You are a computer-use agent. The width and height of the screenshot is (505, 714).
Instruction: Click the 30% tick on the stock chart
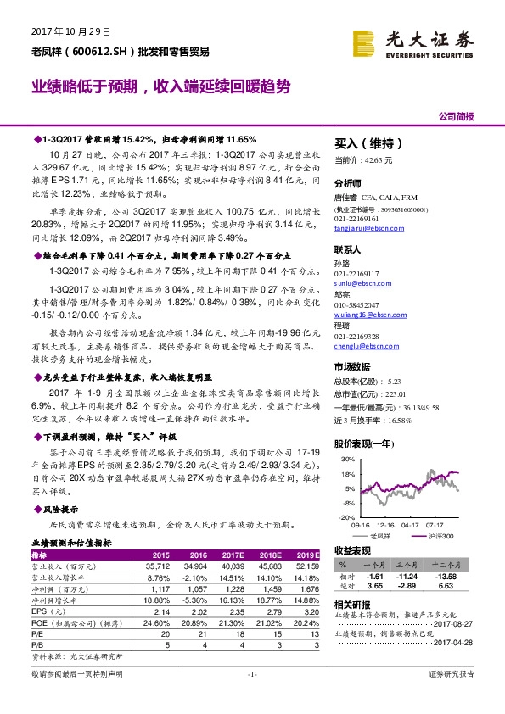point(346,460)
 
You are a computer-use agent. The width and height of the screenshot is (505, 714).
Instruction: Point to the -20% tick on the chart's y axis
point(345,516)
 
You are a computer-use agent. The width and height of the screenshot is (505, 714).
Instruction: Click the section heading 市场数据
point(354,367)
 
